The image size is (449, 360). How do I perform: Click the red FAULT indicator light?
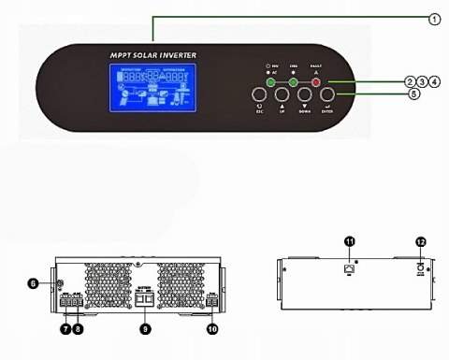(316, 82)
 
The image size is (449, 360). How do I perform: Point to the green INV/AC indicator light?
(269, 82)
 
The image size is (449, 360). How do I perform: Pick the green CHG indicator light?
(293, 82)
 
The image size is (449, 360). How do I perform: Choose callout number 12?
(421, 242)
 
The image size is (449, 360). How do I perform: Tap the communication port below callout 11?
(349, 268)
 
